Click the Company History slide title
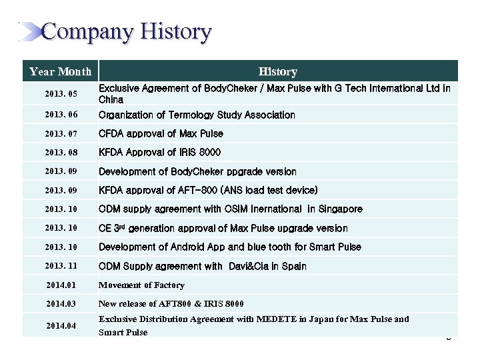coord(126,32)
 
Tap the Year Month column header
coord(60,71)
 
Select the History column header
coord(278,71)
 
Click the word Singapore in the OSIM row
coord(340,209)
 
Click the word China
coord(111,99)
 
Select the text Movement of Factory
coord(141,285)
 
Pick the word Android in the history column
coord(189,247)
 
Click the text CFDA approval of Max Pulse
coord(161,133)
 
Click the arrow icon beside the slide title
coord(29,31)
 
